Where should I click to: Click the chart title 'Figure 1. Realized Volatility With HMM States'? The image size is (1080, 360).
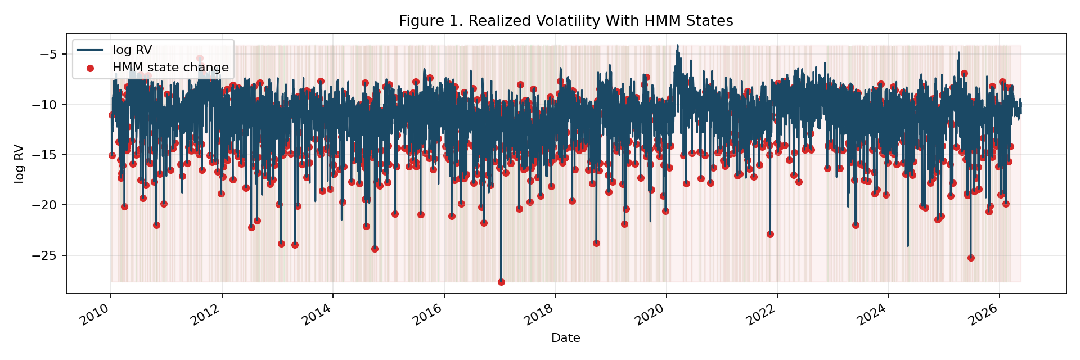tap(566, 21)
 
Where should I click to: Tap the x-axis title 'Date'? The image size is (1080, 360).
tap(566, 338)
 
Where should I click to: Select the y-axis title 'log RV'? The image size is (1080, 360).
tap(19, 164)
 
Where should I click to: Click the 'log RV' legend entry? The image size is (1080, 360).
tap(132, 50)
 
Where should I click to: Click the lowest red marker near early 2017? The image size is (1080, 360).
tap(501, 282)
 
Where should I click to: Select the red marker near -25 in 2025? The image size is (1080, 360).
tap(971, 258)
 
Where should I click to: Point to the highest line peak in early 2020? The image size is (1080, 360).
tap(677, 46)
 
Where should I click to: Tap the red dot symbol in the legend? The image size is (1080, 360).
tap(91, 67)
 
